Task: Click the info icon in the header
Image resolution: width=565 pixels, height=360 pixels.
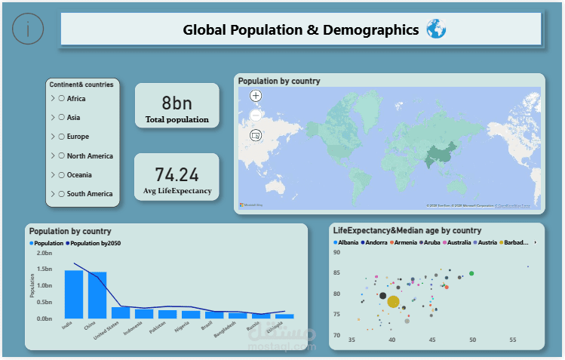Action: (x=29, y=29)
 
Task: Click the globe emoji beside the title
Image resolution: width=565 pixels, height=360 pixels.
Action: (x=436, y=30)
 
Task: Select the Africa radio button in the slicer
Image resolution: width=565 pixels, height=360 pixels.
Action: (x=61, y=99)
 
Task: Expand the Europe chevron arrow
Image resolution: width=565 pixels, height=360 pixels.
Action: (x=52, y=137)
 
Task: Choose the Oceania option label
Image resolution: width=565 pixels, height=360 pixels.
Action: (x=81, y=175)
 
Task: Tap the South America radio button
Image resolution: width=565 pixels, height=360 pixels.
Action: (x=61, y=194)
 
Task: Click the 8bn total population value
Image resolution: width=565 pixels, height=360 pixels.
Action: (x=177, y=103)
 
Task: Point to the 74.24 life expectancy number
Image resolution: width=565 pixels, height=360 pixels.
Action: (x=177, y=175)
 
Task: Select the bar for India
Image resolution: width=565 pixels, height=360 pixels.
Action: (x=74, y=294)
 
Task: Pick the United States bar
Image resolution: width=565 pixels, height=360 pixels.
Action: (x=121, y=312)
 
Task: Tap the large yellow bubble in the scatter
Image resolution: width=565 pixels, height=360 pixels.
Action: (x=393, y=302)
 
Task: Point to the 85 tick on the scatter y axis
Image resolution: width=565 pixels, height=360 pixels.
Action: (x=336, y=273)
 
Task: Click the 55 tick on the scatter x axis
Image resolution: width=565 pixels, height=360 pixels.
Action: (x=513, y=340)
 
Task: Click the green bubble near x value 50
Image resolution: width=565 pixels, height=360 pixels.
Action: (x=472, y=273)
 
